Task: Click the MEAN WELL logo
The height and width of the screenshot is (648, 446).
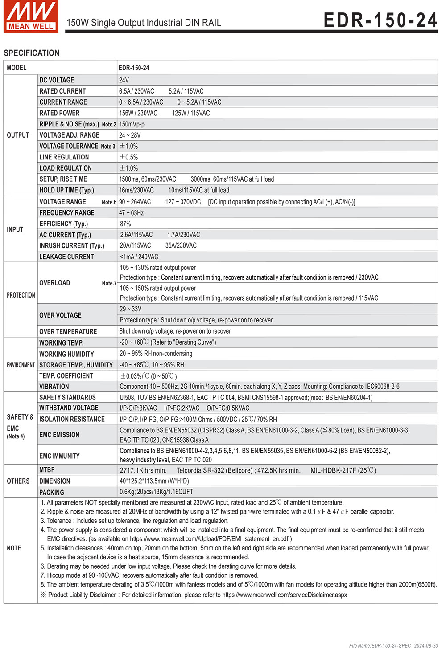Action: coord(31,16)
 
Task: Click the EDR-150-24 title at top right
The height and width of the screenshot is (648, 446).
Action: coord(380,20)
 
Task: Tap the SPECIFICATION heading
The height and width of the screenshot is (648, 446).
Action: coord(32,53)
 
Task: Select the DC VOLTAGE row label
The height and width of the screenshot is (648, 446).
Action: coord(57,80)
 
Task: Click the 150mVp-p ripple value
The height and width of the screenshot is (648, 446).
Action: coord(132,124)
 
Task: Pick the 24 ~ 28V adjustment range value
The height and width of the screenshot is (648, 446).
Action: coord(130,135)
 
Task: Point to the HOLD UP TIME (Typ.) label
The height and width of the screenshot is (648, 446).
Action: coord(66,190)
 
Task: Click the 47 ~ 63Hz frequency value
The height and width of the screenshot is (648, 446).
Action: coord(132,213)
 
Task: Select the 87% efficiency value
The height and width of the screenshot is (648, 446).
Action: coord(125,224)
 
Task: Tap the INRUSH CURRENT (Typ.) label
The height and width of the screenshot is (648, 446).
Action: coord(71,246)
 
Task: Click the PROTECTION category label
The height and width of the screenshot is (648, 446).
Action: coord(21,295)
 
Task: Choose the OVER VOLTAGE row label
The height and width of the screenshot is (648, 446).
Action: coord(60,315)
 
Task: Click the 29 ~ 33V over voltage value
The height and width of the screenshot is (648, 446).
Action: coord(131,309)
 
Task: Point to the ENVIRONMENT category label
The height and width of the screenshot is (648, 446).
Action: coord(21,365)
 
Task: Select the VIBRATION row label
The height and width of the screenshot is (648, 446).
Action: coord(54,387)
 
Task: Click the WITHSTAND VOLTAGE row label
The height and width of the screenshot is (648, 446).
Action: coord(69,408)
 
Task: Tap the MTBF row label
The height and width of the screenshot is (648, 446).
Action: coord(47,470)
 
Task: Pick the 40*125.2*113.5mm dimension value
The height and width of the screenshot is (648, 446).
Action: coord(154,481)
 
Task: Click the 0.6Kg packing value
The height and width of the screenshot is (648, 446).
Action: coord(156,492)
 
